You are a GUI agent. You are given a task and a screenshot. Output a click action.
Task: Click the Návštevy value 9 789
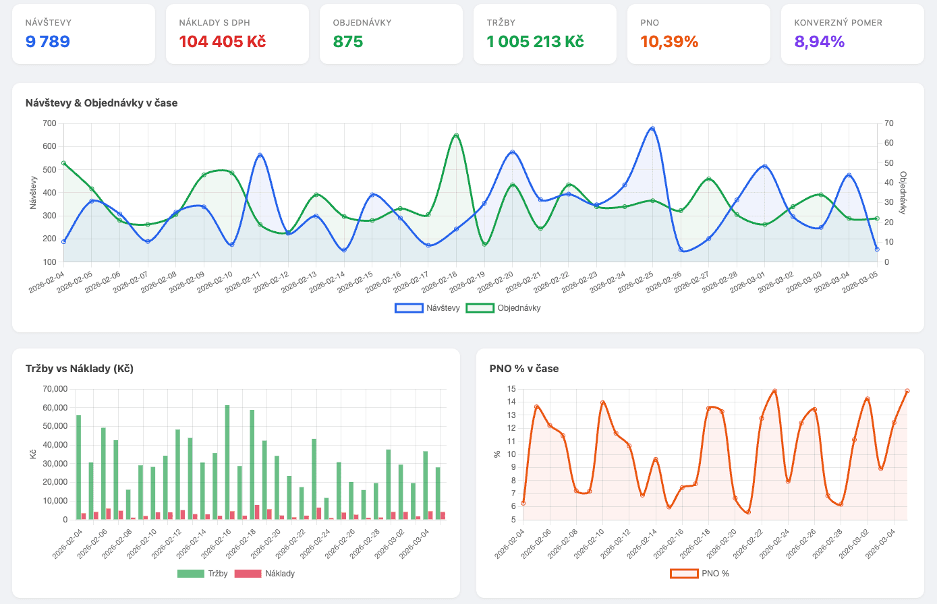[48, 42]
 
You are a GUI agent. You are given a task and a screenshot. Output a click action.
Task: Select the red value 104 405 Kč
[222, 42]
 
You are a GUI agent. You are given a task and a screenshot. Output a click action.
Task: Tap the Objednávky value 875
[348, 42]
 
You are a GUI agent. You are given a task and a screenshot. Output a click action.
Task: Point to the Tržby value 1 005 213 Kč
[535, 42]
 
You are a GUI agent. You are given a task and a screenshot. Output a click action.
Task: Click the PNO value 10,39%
[669, 42]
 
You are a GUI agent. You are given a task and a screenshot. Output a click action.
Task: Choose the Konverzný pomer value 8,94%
[819, 42]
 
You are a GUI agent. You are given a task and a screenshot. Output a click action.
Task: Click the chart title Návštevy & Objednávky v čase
[101, 103]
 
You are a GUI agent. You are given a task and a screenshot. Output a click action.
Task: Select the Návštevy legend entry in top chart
[428, 308]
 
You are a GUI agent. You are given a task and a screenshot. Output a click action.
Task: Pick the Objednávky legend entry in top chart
[503, 308]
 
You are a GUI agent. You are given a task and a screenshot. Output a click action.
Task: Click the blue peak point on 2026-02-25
[652, 128]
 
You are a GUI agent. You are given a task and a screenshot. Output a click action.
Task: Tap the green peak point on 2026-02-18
[456, 135]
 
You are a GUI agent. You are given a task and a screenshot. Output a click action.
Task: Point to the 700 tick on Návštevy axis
[49, 123]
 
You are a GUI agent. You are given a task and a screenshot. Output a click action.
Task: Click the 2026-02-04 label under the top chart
[47, 282]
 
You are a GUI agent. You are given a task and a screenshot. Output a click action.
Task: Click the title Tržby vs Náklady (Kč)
[80, 369]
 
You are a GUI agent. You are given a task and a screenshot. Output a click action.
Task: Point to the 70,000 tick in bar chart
[55, 389]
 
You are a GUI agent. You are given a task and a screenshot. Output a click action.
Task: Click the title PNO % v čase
[523, 369]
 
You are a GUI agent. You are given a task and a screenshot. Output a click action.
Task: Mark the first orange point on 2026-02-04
[523, 503]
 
